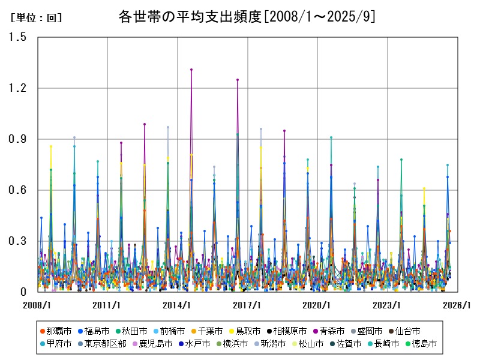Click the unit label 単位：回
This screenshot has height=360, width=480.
(x=36, y=18)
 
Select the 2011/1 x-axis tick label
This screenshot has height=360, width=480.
(x=107, y=305)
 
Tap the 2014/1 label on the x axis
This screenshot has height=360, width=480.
(x=178, y=305)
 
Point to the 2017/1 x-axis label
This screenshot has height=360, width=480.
(x=247, y=305)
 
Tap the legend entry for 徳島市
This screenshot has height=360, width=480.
(x=424, y=344)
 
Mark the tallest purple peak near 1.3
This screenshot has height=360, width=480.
(x=191, y=70)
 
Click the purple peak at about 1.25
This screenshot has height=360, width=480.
(x=238, y=79)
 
